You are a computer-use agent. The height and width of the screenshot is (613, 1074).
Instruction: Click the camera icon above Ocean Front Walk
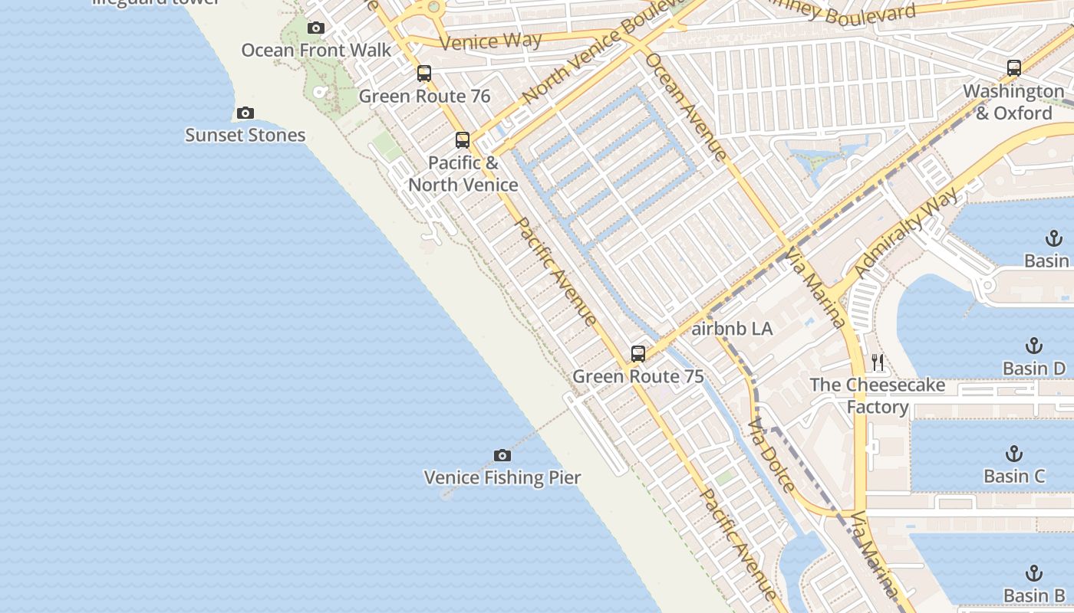(315, 28)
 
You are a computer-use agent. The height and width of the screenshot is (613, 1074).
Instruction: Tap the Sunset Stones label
(245, 136)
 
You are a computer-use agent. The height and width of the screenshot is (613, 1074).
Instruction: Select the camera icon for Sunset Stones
(245, 113)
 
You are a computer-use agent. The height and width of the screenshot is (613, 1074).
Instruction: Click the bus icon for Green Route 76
(424, 74)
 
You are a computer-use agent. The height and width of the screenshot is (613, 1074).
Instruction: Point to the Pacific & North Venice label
(463, 174)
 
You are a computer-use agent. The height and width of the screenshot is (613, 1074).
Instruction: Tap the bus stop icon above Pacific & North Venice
(463, 140)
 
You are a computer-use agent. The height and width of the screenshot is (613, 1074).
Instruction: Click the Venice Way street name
(491, 41)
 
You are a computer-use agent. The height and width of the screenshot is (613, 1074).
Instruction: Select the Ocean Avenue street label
(686, 106)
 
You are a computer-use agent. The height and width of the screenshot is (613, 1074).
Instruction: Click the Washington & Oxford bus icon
(1014, 68)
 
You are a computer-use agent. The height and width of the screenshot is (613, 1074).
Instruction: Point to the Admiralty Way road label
(905, 233)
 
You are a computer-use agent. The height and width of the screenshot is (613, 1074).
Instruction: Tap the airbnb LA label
(732, 329)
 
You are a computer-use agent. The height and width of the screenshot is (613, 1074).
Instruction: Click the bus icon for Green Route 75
(638, 354)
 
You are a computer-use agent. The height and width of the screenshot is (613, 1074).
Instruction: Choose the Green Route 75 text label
(637, 376)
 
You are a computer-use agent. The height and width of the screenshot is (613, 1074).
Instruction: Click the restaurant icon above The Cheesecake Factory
(878, 362)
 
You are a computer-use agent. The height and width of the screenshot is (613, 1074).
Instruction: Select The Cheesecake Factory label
(878, 395)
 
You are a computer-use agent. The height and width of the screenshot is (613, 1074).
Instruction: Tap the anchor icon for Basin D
(1034, 346)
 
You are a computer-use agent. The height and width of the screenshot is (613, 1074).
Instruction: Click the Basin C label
(1014, 476)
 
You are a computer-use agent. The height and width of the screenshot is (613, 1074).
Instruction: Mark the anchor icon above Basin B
(1034, 573)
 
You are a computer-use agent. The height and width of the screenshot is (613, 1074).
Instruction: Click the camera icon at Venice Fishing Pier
(502, 456)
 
